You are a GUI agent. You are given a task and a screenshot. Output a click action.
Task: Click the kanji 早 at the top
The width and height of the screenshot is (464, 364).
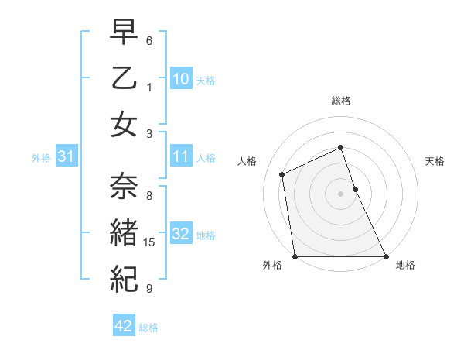point(124,33)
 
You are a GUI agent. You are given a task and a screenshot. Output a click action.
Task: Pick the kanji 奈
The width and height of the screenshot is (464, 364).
point(124,184)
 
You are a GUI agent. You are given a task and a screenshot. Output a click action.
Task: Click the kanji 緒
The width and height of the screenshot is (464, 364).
point(124,230)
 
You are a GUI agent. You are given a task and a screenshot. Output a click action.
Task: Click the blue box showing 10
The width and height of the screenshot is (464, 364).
point(180,78)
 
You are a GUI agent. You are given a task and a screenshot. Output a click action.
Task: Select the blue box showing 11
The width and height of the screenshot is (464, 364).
point(180,156)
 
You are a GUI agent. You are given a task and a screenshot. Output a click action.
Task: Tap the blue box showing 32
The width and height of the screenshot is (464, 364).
point(180,234)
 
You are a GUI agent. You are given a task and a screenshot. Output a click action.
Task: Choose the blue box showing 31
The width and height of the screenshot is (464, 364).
point(67,156)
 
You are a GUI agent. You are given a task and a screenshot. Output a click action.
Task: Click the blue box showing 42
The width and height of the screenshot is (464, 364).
point(124,326)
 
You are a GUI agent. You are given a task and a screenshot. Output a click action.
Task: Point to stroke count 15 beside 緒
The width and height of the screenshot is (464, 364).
point(150,242)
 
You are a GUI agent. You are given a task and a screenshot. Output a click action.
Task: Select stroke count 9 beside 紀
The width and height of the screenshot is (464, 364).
point(150,289)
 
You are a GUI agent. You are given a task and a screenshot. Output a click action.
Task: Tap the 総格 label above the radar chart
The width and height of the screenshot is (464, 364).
point(340,101)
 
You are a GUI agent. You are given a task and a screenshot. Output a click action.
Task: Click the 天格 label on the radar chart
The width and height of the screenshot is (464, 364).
point(435,161)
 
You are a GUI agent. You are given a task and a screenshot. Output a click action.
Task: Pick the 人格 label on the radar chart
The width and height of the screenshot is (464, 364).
point(247,161)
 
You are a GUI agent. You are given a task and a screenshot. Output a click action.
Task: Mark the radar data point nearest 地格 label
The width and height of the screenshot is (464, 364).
point(385,256)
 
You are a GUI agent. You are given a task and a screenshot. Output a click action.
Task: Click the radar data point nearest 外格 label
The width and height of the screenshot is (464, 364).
point(295,256)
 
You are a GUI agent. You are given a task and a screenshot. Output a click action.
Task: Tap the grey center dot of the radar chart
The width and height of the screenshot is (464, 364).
point(340,194)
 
